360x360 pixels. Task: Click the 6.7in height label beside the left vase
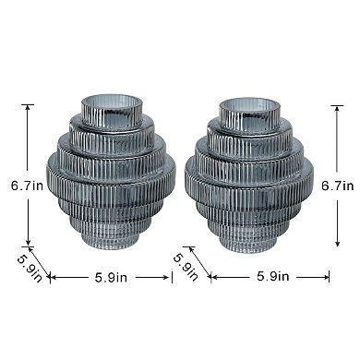tap(27, 186)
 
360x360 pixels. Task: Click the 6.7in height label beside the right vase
tap(338, 186)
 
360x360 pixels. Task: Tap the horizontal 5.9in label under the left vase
tap(111, 278)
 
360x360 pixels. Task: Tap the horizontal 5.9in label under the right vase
tap(273, 276)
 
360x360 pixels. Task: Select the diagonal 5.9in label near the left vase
tap(30, 269)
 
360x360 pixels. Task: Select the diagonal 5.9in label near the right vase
tap(186, 267)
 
